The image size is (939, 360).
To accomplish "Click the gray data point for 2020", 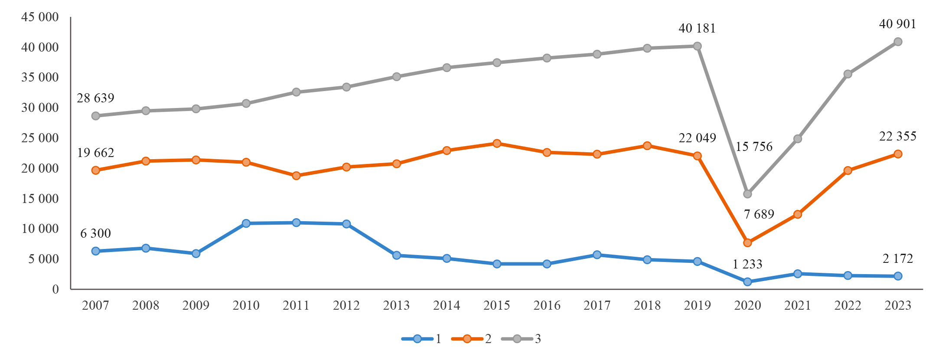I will click(747, 194).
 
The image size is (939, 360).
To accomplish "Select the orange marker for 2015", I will click(497, 144).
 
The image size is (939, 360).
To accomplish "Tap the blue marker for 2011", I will click(296, 223).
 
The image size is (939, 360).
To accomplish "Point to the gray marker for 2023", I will click(898, 42).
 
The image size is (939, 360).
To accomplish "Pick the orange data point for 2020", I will click(747, 243).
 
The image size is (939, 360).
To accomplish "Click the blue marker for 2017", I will click(597, 255).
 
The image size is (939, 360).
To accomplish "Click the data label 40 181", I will click(697, 29).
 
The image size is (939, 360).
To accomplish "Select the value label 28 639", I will click(95, 98).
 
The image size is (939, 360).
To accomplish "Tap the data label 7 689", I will click(759, 214).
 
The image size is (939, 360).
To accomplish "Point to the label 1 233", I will click(747, 264).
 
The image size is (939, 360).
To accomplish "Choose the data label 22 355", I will click(898, 137).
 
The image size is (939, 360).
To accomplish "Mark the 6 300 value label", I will click(95, 234).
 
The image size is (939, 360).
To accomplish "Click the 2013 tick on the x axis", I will click(396, 305).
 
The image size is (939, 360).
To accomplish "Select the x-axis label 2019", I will click(697, 305).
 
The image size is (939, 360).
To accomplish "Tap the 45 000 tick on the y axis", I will click(40, 17).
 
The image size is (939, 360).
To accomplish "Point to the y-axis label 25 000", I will click(40, 138).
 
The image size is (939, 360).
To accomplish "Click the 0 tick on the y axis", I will click(55, 289).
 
